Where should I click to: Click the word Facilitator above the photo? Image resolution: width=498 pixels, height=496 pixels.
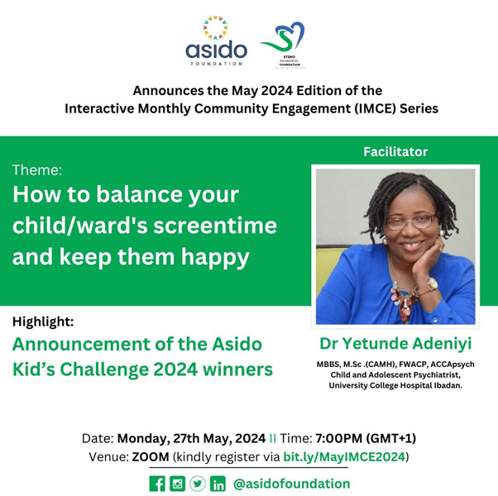395,152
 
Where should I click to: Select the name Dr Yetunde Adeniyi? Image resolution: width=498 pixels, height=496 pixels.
395,343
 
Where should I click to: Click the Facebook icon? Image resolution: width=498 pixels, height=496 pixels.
157,484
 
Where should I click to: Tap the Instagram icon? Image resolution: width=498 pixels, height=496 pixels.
178,484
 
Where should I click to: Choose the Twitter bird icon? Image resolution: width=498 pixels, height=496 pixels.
198,484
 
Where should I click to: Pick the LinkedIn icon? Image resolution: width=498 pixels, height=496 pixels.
218,484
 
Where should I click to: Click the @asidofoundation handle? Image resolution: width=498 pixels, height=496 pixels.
292,484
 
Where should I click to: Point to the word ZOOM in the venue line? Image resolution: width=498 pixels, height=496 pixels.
149,456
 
